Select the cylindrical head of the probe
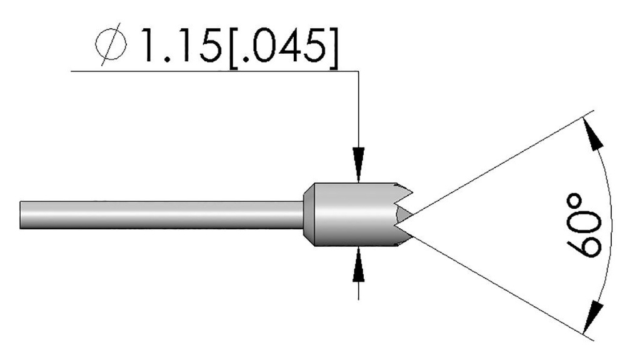(x=347, y=214)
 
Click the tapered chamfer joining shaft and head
(x=307, y=214)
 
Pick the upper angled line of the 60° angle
(x=500, y=164)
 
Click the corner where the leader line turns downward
(x=358, y=72)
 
